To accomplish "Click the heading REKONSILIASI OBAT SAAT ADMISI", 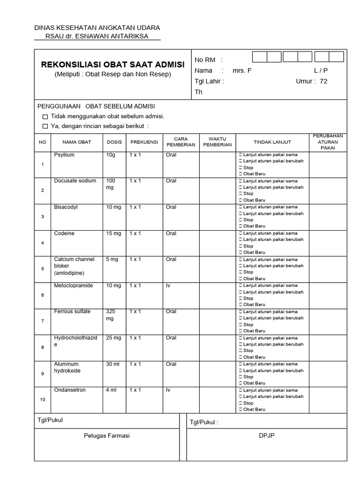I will [113, 64].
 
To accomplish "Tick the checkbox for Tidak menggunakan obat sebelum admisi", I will [45, 116].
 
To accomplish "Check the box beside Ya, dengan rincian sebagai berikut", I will [45, 126].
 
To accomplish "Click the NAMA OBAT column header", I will [77, 142].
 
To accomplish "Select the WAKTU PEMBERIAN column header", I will [217, 142].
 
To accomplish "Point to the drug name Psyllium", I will [64, 155].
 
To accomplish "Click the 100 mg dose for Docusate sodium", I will [111, 184].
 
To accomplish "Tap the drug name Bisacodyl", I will [66, 207].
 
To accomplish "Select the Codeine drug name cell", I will [64, 233].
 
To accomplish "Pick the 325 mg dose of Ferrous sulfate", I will [111, 315].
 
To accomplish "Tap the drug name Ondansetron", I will [70, 390].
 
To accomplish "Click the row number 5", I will [43, 269].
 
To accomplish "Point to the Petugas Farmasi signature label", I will [106, 435].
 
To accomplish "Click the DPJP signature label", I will [267, 435].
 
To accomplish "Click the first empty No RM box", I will [260, 57].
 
